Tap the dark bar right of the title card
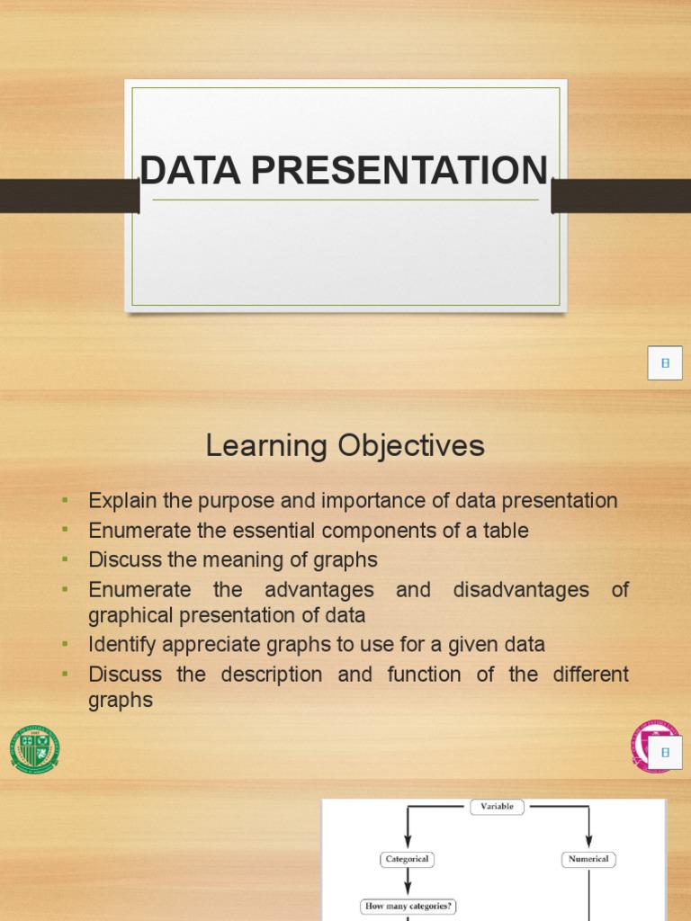pos(621,195)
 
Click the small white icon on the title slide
pos(665,363)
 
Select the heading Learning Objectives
pos(345,446)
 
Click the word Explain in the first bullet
pos(121,501)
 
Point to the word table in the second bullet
pos(505,531)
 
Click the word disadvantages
pos(521,590)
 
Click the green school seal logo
pos(34,749)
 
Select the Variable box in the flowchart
pos(497,807)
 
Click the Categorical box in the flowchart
pos(407,859)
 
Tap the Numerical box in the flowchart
pos(588,859)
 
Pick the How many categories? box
pos(408,907)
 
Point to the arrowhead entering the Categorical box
pos(407,845)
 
